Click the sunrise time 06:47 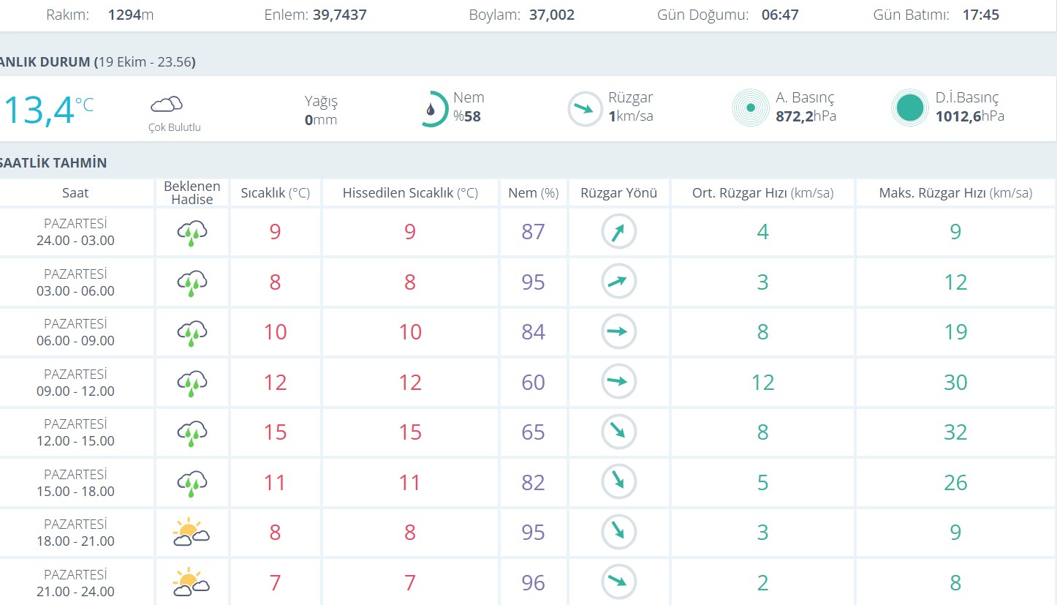(780, 15)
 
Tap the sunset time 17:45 (980, 15)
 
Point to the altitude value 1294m (130, 15)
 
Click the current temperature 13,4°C (48, 110)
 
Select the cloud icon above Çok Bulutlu (167, 104)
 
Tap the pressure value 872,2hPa (806, 116)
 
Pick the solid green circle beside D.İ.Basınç (910, 108)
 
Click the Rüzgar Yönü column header (619, 193)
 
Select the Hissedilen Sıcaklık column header (410, 193)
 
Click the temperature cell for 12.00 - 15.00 (275, 432)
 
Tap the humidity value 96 (534, 583)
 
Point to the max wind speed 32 (955, 432)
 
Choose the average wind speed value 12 (762, 383)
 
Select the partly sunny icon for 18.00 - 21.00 (191, 533)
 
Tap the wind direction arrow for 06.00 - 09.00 (619, 332)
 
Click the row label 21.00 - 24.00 (75, 591)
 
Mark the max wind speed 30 (955, 383)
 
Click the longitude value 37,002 (551, 15)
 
